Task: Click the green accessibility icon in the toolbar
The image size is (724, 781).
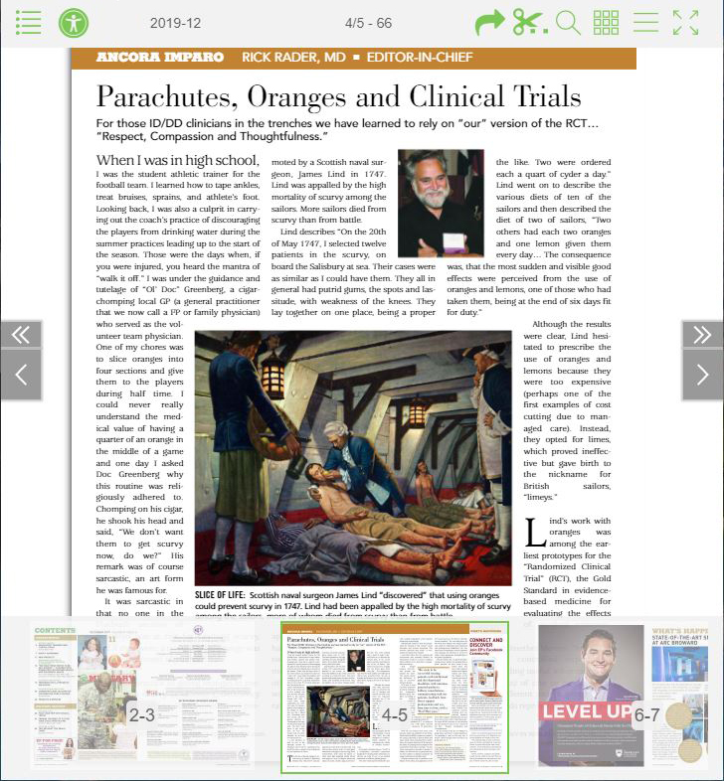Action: tap(74, 23)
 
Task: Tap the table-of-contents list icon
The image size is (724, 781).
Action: tap(29, 23)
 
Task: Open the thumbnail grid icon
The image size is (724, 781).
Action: tap(606, 23)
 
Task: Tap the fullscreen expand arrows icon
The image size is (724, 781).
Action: tap(685, 23)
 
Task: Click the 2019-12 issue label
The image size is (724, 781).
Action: tap(175, 23)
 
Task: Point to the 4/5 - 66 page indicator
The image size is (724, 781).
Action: tap(368, 23)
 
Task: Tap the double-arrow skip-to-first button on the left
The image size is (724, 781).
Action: tap(21, 335)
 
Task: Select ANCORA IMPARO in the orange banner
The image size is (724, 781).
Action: tap(159, 58)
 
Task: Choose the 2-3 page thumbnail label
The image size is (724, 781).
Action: tap(141, 713)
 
